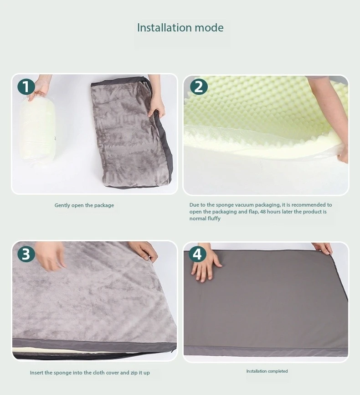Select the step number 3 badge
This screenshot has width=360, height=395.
(26, 254)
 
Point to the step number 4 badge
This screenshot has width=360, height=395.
(197, 254)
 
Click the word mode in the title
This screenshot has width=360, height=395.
(209, 28)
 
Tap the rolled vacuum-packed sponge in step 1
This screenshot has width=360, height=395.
(37, 129)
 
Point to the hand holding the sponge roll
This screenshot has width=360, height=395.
(40, 87)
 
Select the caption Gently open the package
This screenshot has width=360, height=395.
(84, 205)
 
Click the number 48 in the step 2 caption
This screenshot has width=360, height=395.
(263, 212)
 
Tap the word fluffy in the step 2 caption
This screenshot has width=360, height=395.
(214, 218)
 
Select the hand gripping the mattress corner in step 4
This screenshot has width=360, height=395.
(322, 248)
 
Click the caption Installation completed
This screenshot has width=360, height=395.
(267, 371)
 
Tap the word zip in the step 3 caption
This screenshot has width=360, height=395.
(134, 373)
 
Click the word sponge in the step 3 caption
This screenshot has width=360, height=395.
(63, 373)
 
